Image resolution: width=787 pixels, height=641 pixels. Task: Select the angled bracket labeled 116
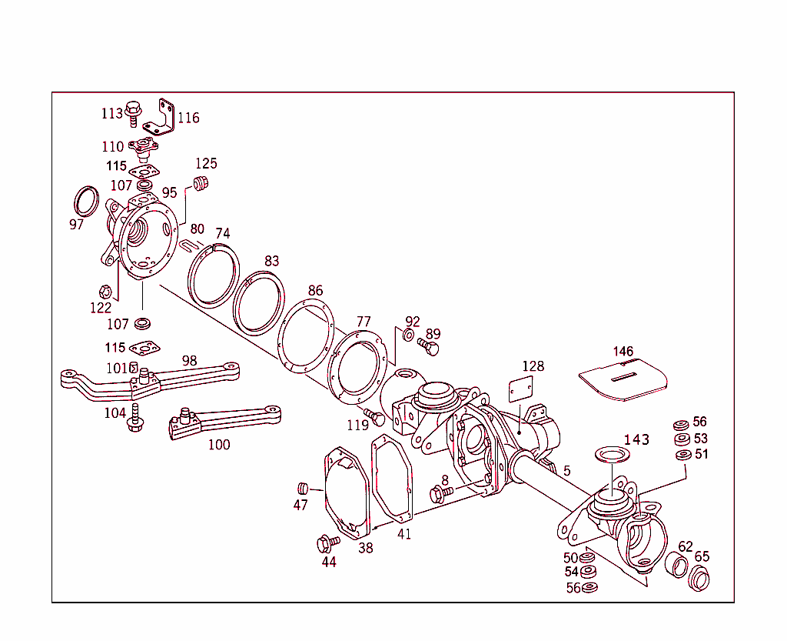point(164,118)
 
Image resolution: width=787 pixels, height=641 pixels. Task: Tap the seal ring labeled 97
point(86,202)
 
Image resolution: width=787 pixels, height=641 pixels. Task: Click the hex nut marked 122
point(106,292)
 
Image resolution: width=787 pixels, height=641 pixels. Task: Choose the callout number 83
point(271,262)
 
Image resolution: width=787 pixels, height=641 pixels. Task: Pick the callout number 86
point(315,291)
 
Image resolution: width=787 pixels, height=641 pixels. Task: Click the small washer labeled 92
point(408,336)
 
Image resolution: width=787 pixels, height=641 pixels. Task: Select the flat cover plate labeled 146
point(623,379)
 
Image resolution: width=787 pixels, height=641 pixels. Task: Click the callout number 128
point(533,366)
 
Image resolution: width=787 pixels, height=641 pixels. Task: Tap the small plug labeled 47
point(303,488)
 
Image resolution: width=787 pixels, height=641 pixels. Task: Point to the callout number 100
point(219,444)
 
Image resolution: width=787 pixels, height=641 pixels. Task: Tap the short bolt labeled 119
point(375,418)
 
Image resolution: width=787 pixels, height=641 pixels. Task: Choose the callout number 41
point(404,534)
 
